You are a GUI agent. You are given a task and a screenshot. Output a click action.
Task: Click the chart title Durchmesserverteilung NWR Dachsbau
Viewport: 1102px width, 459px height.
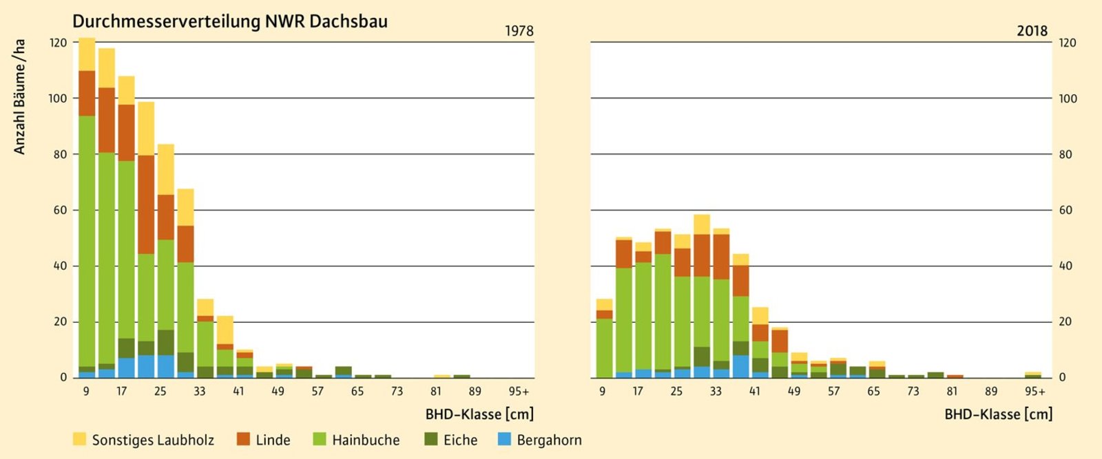tap(230, 21)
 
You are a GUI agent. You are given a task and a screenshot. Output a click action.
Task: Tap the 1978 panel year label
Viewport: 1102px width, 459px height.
tap(519, 31)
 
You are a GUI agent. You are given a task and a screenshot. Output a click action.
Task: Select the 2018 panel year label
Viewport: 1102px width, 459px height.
tap(1032, 31)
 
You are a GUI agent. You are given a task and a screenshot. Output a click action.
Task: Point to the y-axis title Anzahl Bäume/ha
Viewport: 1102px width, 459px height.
tap(20, 96)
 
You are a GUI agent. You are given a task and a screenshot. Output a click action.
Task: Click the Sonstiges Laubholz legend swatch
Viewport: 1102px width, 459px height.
tap(79, 439)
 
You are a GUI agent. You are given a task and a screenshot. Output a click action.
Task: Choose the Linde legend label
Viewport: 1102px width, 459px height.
tap(273, 440)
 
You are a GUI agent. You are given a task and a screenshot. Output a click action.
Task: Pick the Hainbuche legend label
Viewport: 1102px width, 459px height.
tap(366, 440)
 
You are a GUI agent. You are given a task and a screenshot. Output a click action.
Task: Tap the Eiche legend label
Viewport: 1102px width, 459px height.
tap(460, 440)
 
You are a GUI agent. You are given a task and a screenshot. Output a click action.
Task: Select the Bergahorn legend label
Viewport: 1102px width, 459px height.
tap(549, 440)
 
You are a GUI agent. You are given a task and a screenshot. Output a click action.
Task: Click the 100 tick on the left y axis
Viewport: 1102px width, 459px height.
tap(58, 98)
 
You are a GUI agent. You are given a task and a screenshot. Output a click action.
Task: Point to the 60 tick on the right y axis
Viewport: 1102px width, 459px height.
tap(1065, 210)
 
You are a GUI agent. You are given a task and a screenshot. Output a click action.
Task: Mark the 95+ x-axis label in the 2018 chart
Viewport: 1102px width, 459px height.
tap(1035, 392)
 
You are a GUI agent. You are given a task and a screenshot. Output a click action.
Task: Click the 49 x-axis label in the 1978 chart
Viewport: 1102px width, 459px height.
tap(278, 392)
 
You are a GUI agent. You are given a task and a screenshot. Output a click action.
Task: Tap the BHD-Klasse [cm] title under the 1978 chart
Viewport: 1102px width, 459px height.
tap(479, 414)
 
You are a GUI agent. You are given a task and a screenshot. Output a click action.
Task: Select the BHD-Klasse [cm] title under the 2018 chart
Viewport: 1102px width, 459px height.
tap(999, 414)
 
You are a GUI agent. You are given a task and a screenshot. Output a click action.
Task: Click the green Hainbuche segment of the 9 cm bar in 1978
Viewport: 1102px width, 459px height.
tap(87, 241)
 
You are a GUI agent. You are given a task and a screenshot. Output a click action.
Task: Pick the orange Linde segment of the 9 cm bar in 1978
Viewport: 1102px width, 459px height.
tap(87, 93)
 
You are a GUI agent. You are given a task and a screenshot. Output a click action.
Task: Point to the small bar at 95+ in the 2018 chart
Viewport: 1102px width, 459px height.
tap(1032, 375)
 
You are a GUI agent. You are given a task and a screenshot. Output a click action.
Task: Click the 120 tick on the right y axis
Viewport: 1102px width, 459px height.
tap(1067, 43)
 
